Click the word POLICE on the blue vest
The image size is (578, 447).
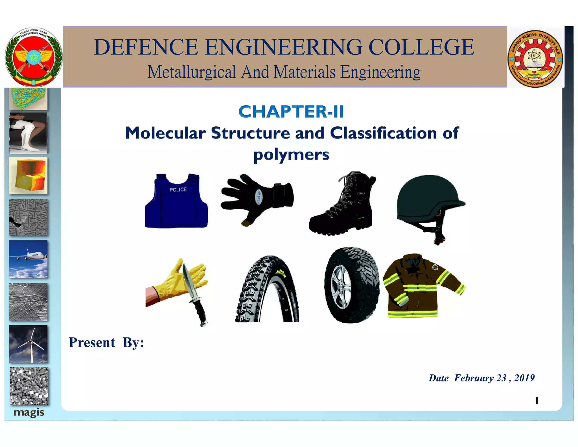pyautogui.click(x=178, y=190)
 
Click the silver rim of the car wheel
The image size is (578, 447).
pyautogui.click(x=341, y=287)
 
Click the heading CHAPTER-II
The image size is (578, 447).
pyautogui.click(x=291, y=112)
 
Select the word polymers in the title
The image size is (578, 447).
pyautogui.click(x=291, y=155)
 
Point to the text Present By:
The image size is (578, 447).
pyautogui.click(x=106, y=343)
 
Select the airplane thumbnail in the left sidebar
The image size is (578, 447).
pyautogui.click(x=28, y=259)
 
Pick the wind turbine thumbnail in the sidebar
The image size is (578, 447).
pyautogui.click(x=28, y=344)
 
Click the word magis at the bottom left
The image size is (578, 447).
pyautogui.click(x=29, y=413)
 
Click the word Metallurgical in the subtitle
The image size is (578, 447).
pyautogui.click(x=192, y=72)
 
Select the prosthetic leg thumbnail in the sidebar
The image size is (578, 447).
pyautogui.click(x=28, y=133)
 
